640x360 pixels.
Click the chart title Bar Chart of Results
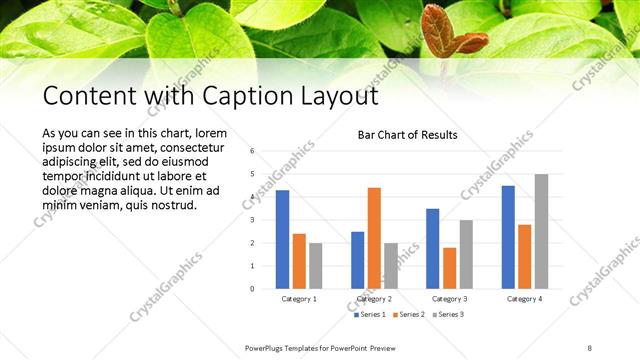407,135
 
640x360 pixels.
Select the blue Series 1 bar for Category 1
283,240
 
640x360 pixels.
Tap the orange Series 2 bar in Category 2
374,238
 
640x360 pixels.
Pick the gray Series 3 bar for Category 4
541,232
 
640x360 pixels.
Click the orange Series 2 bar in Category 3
449,268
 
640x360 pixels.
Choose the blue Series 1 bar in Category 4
508,237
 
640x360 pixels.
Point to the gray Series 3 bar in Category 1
316,266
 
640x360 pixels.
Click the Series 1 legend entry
369,316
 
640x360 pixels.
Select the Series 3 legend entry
447,316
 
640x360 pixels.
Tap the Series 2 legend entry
408,316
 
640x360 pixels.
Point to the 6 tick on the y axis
252,151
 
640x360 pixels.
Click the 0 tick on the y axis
252,289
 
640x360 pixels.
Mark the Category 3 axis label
449,299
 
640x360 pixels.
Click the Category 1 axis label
299,299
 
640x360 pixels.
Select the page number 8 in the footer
590,347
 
